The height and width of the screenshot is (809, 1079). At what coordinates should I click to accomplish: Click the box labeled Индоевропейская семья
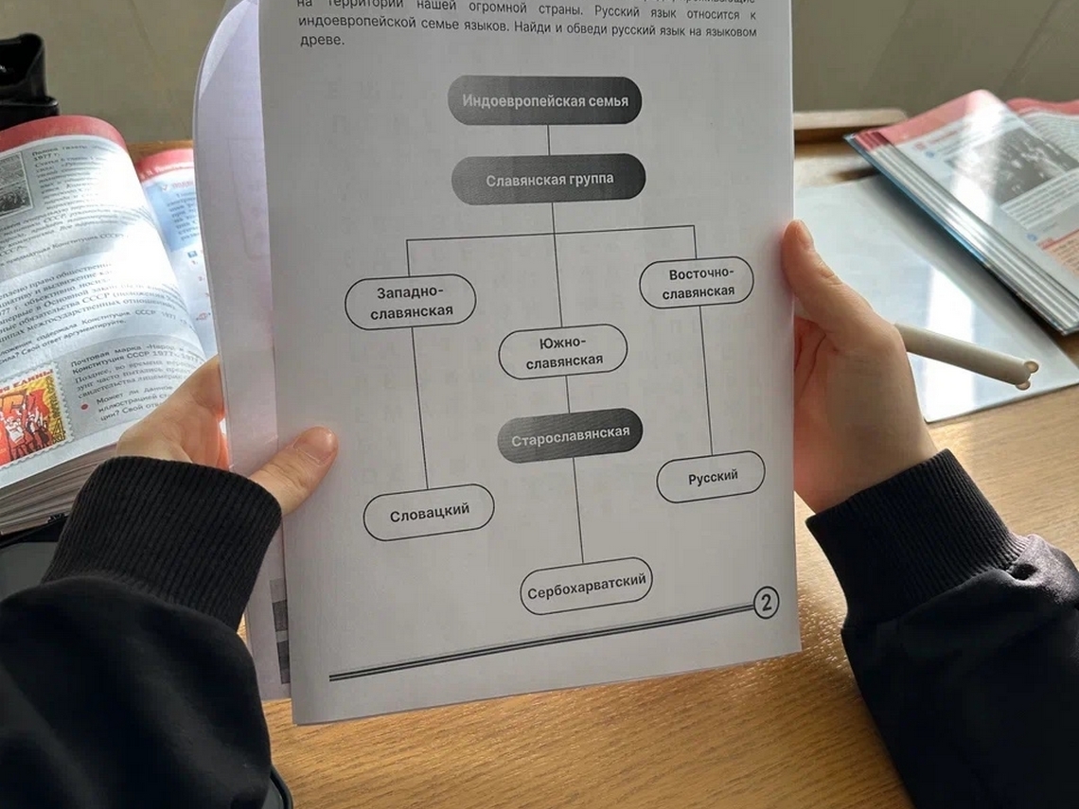545,101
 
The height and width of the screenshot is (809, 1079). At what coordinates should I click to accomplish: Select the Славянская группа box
549,179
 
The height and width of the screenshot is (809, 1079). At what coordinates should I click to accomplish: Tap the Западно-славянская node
411,302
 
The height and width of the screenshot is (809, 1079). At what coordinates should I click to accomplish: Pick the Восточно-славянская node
697,283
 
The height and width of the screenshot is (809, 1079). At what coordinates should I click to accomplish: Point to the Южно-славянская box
563,352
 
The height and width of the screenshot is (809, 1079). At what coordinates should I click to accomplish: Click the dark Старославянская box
571,436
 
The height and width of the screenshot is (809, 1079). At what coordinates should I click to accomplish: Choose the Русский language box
712,477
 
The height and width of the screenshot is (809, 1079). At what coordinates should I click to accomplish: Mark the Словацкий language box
429,513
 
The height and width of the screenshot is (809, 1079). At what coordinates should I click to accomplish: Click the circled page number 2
765,602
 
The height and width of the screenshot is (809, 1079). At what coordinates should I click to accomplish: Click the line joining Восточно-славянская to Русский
706,378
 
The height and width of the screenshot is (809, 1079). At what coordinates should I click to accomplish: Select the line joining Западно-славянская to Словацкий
418,407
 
